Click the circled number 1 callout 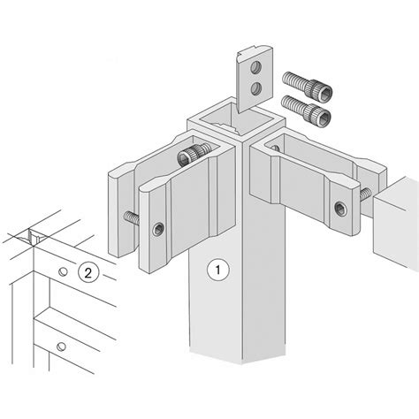click(x=218, y=270)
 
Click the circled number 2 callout click(x=88, y=272)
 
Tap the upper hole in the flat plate click(x=255, y=67)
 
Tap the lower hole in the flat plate click(x=255, y=88)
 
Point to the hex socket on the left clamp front click(x=158, y=229)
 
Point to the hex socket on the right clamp click(x=340, y=209)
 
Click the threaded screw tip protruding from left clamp click(x=132, y=219)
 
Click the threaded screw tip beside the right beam click(x=366, y=194)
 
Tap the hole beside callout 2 click(x=63, y=271)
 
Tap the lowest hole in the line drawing click(x=61, y=347)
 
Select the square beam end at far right click(x=396, y=224)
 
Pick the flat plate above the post click(x=255, y=79)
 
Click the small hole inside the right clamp click(x=275, y=148)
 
